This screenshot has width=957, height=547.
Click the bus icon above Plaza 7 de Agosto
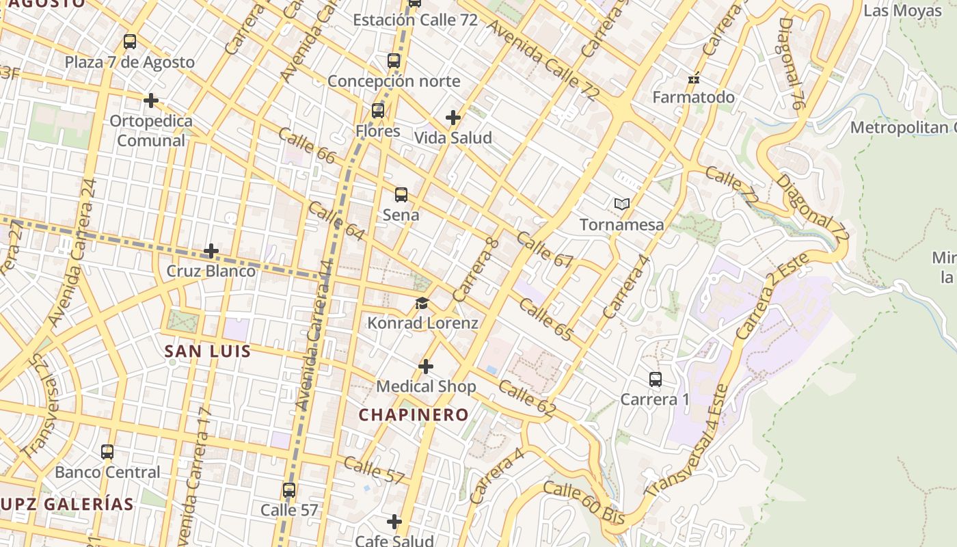[130, 42]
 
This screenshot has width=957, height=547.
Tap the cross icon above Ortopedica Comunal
[151, 101]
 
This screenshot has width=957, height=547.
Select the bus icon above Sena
[401, 195]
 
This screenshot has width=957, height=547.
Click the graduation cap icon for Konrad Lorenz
[422, 303]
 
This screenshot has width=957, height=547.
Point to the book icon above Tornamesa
[621, 204]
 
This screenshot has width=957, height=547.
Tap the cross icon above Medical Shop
[426, 367]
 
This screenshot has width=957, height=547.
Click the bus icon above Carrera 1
[655, 379]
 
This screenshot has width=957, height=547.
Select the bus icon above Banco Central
[107, 452]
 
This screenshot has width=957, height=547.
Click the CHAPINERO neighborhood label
[414, 414]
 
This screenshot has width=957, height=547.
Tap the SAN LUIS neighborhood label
[208, 352]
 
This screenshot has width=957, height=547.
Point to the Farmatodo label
[693, 97]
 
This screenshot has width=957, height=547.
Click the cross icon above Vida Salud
[453, 118]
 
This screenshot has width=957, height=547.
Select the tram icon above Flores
[378, 111]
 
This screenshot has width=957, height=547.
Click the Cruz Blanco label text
[211, 271]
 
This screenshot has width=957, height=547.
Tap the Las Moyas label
[902, 10]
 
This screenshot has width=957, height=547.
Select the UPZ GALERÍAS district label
[67, 505]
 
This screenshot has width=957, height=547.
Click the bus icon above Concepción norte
[394, 61]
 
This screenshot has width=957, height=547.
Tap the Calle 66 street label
[307, 145]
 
